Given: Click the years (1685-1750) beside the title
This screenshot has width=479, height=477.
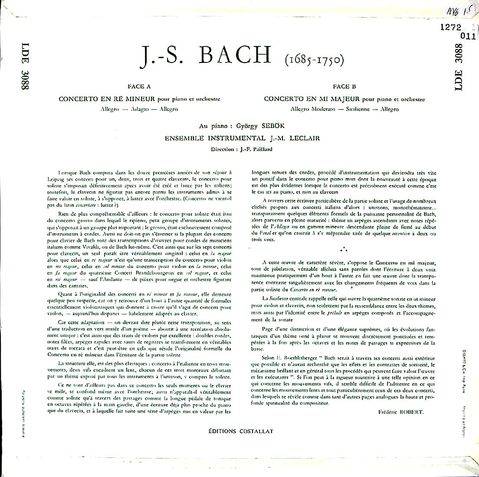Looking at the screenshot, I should pyautogui.click(x=309, y=58).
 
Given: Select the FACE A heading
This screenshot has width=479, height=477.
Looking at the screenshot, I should pyautogui.click(x=139, y=87).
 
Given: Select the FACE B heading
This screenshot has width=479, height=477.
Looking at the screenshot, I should pyautogui.click(x=344, y=87).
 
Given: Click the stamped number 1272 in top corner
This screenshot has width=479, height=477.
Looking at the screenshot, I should pyautogui.click(x=449, y=26).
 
